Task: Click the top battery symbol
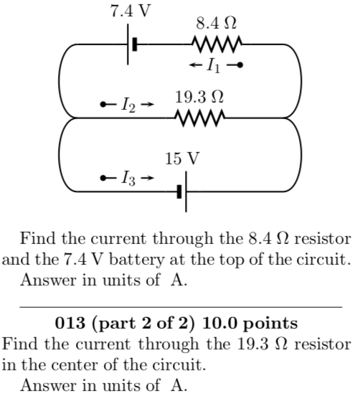coord(131,44)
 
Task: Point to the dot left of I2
coord(105,105)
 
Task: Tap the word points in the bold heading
coord(273,323)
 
